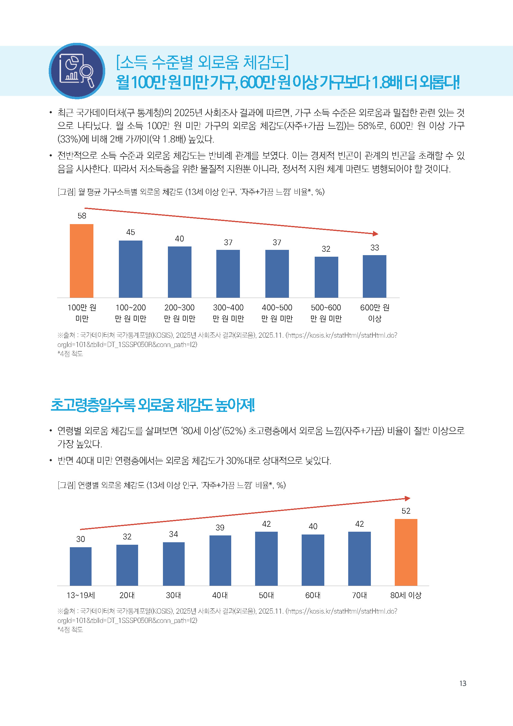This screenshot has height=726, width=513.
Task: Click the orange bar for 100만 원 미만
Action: pyautogui.click(x=82, y=260)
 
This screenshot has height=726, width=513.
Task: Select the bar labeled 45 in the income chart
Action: pyautogui.click(x=131, y=269)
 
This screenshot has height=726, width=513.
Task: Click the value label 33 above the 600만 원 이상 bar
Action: pyautogui.click(x=375, y=248)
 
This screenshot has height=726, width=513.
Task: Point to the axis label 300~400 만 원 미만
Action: pyautogui.click(x=228, y=313)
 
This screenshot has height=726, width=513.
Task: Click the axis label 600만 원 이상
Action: pyautogui.click(x=375, y=313)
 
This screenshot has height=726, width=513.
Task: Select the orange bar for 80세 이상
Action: pyautogui.click(x=406, y=552)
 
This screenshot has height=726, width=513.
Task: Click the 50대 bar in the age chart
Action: pyautogui.click(x=267, y=558)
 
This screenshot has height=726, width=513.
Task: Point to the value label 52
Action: pyautogui.click(x=406, y=511)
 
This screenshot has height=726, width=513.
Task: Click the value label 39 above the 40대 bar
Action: pyautogui.click(x=220, y=527)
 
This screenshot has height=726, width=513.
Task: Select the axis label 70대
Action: pyautogui.click(x=359, y=595)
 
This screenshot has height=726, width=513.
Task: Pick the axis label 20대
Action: pyautogui.click(x=127, y=595)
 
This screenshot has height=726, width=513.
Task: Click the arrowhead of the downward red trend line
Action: pyautogui.click(x=376, y=234)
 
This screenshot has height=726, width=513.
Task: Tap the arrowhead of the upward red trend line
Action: pyautogui.click(x=407, y=499)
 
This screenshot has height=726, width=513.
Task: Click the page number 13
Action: pyautogui.click(x=463, y=683)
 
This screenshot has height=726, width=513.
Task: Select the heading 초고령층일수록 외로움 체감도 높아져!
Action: pyautogui.click(x=153, y=405)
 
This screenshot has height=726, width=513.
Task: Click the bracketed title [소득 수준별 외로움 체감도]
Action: pyautogui.click(x=202, y=62)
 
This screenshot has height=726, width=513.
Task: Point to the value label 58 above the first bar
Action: pyautogui.click(x=82, y=216)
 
